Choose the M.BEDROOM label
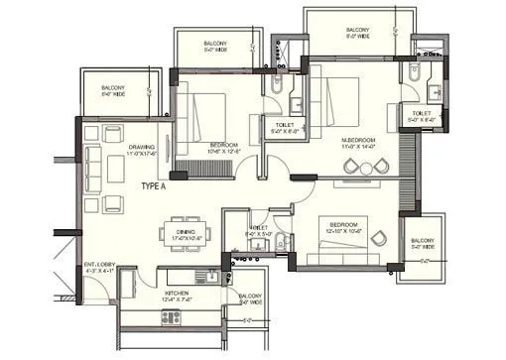(x=359, y=141)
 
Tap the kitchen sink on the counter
(x=205, y=278)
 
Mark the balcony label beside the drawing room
(x=114, y=89)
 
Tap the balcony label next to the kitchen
(x=249, y=296)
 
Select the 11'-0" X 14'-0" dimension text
(x=359, y=148)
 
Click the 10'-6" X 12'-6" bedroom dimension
(x=224, y=153)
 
